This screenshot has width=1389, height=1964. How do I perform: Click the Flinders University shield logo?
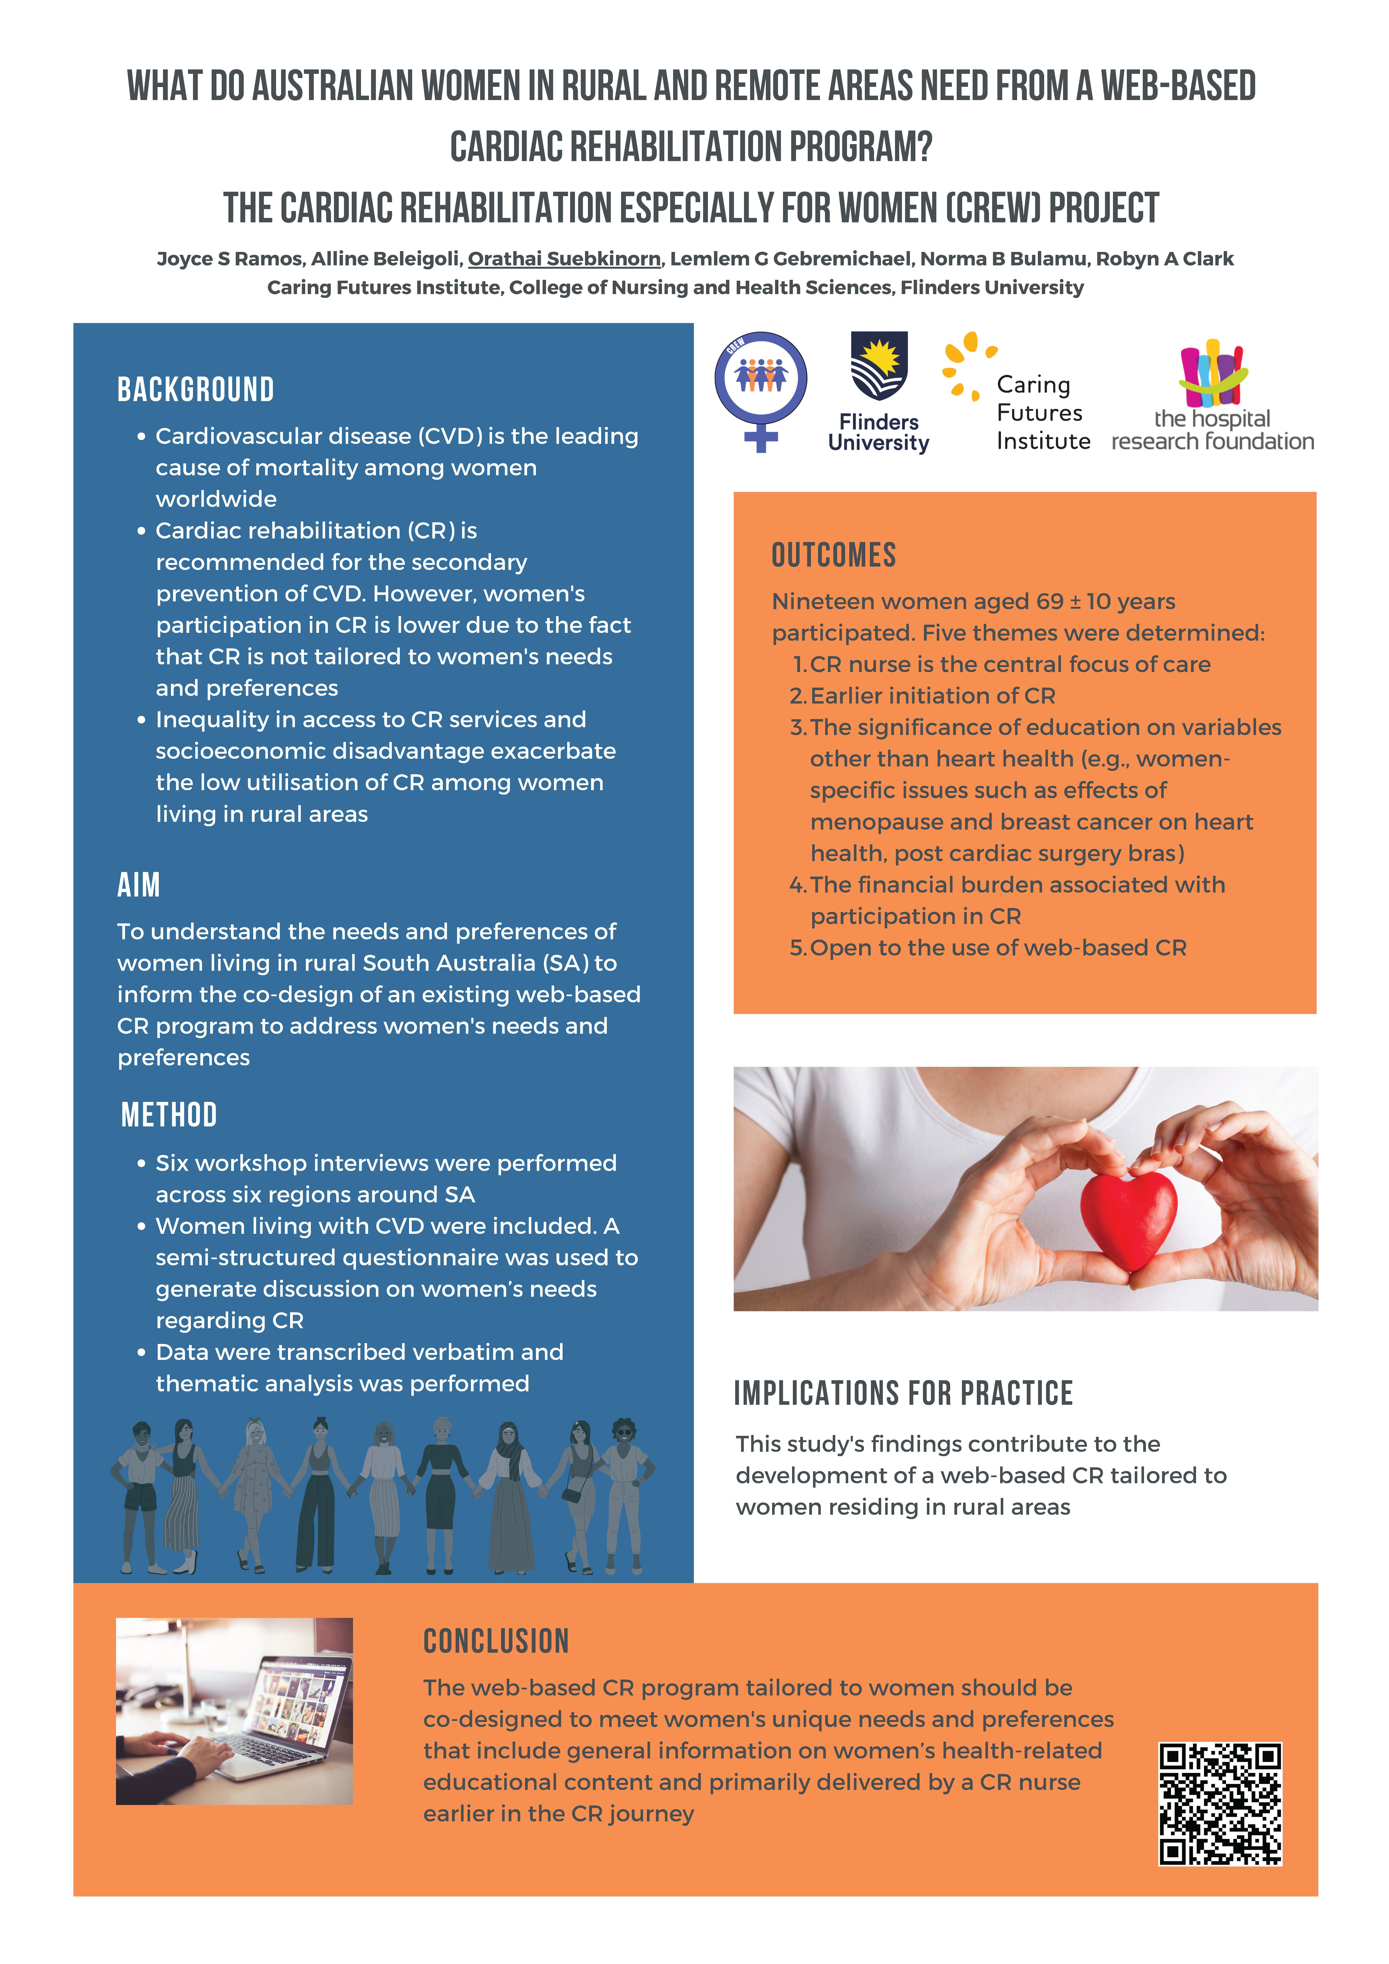coord(878,366)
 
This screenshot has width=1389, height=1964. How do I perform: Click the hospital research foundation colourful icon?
coord(1213,374)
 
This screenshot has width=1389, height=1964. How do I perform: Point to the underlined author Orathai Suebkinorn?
coord(564,258)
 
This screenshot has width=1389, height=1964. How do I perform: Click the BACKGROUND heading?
coord(196,390)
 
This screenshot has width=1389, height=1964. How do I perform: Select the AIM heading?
coord(139,885)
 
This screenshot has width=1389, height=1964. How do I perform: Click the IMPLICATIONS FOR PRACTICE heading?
coord(903,1393)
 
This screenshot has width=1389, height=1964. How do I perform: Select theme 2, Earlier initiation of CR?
coord(932,695)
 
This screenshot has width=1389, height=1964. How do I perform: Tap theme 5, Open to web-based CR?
coord(997,948)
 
